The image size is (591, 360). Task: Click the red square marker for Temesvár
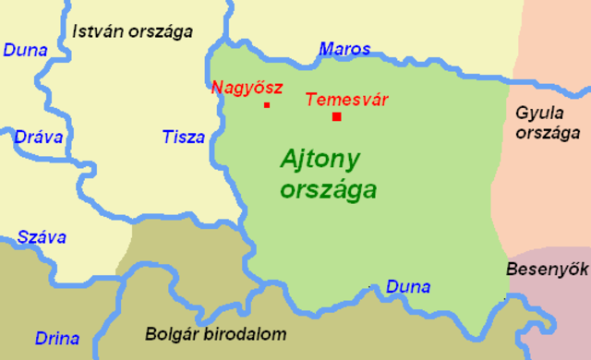(x=337, y=116)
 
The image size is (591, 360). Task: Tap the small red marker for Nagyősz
(x=267, y=105)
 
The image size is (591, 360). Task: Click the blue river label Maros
(x=344, y=49)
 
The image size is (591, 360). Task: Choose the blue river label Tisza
(x=184, y=138)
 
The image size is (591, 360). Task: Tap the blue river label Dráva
(x=38, y=138)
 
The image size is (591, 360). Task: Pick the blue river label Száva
(x=40, y=237)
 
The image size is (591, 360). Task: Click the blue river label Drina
(x=57, y=338)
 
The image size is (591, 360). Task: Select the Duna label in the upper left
(x=26, y=50)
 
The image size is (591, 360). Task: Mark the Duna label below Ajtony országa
(x=408, y=287)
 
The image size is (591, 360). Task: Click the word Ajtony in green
(x=320, y=159)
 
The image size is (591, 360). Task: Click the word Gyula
(x=538, y=113)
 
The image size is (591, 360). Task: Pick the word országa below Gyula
(x=541, y=132)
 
